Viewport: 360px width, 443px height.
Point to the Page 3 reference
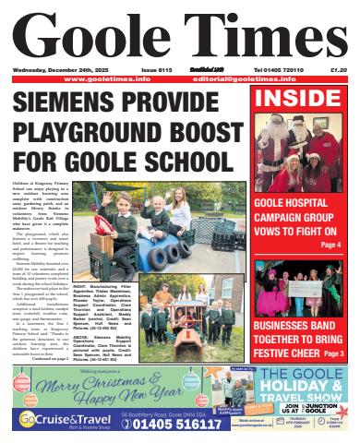pyautogui.click(x=334, y=353)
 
